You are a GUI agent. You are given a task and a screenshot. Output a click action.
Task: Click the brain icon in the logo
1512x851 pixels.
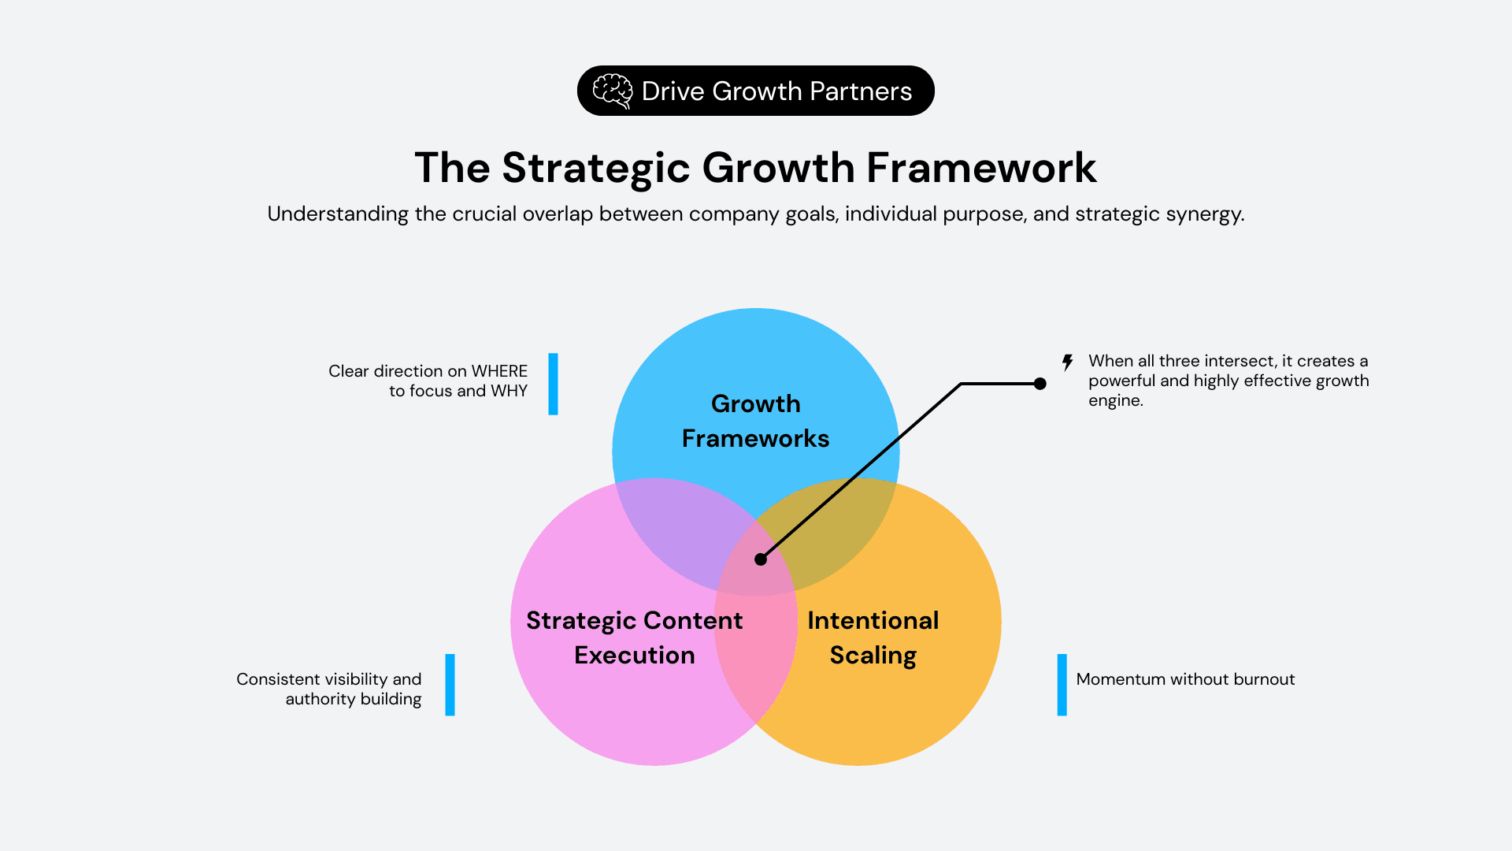pyautogui.click(x=613, y=91)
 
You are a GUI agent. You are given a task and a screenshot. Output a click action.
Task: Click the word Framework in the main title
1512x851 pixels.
pyautogui.click(x=981, y=168)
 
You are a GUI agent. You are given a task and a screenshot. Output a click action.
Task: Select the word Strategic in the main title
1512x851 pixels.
pyautogui.click(x=596, y=168)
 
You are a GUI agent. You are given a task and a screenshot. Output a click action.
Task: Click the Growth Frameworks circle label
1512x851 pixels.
pyautogui.click(x=755, y=421)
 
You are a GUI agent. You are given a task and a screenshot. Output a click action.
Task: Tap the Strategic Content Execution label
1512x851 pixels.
pyautogui.click(x=634, y=637)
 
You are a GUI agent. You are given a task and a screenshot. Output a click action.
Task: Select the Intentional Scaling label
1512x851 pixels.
pyautogui.click(x=873, y=637)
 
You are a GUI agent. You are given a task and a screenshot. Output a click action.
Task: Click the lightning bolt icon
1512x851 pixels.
pyautogui.click(x=1067, y=362)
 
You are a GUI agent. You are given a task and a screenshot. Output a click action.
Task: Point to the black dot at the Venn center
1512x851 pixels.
pyautogui.click(x=761, y=559)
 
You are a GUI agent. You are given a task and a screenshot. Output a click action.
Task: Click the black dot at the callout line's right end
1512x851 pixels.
pyautogui.click(x=1040, y=384)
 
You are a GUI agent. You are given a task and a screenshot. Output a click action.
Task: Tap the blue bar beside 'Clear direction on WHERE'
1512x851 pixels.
pyautogui.click(x=553, y=384)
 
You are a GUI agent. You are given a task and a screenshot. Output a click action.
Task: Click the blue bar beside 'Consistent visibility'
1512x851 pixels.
pyautogui.click(x=450, y=685)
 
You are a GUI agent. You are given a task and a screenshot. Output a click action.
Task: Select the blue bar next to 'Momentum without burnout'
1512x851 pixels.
pyautogui.click(x=1062, y=685)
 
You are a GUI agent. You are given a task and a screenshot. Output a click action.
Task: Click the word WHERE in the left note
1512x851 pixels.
pyautogui.click(x=499, y=371)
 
